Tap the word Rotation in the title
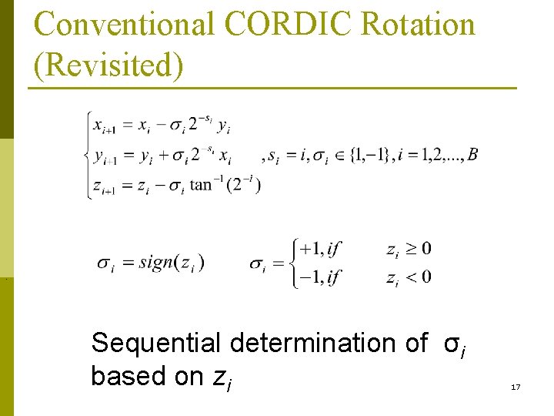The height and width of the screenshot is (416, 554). pyautogui.click(x=419, y=25)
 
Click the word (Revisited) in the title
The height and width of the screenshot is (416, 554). pyautogui.click(x=108, y=65)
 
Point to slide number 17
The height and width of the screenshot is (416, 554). pyautogui.click(x=516, y=386)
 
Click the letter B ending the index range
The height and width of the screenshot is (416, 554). pyautogui.click(x=472, y=155)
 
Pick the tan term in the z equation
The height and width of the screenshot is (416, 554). pyautogui.click(x=201, y=185)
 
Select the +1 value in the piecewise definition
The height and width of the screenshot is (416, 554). pyautogui.click(x=312, y=249)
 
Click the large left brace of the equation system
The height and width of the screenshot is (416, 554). pyautogui.click(x=87, y=155)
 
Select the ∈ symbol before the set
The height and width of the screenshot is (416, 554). pyautogui.click(x=338, y=156)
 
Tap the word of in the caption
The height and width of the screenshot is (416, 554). pyautogui.click(x=415, y=343)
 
